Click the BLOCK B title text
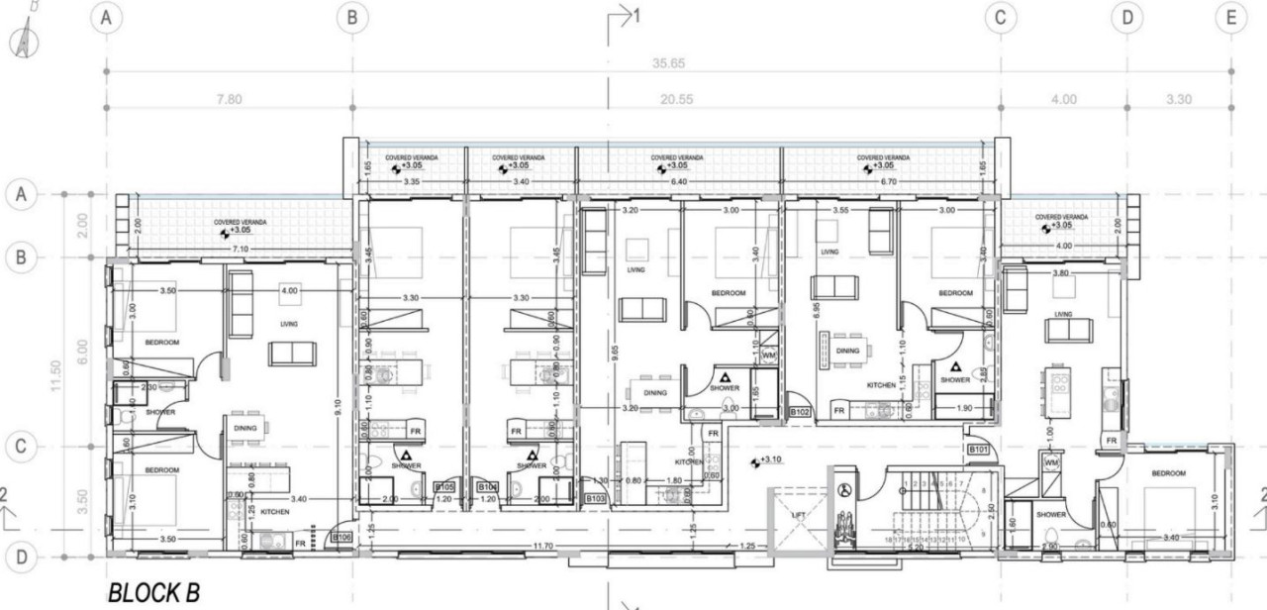point(153,593)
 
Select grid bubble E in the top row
point(1231,17)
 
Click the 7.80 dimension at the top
point(229,99)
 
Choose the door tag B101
point(979,450)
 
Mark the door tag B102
point(800,411)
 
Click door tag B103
point(596,498)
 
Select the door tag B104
point(487,487)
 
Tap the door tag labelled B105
point(444,487)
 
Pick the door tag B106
point(341,538)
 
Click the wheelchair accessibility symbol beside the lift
point(844,489)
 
